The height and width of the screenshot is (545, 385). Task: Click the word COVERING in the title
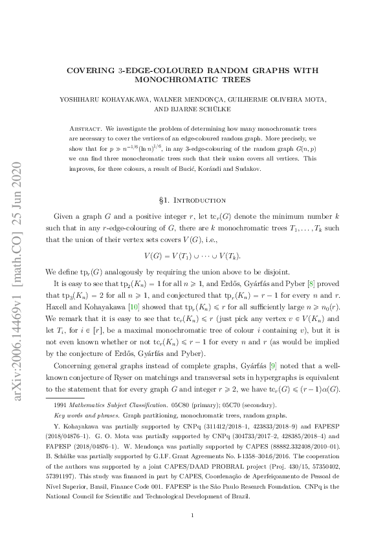pyautogui.click(x=96, y=69)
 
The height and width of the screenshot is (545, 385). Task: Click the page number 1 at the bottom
pyautogui.click(x=192, y=515)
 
